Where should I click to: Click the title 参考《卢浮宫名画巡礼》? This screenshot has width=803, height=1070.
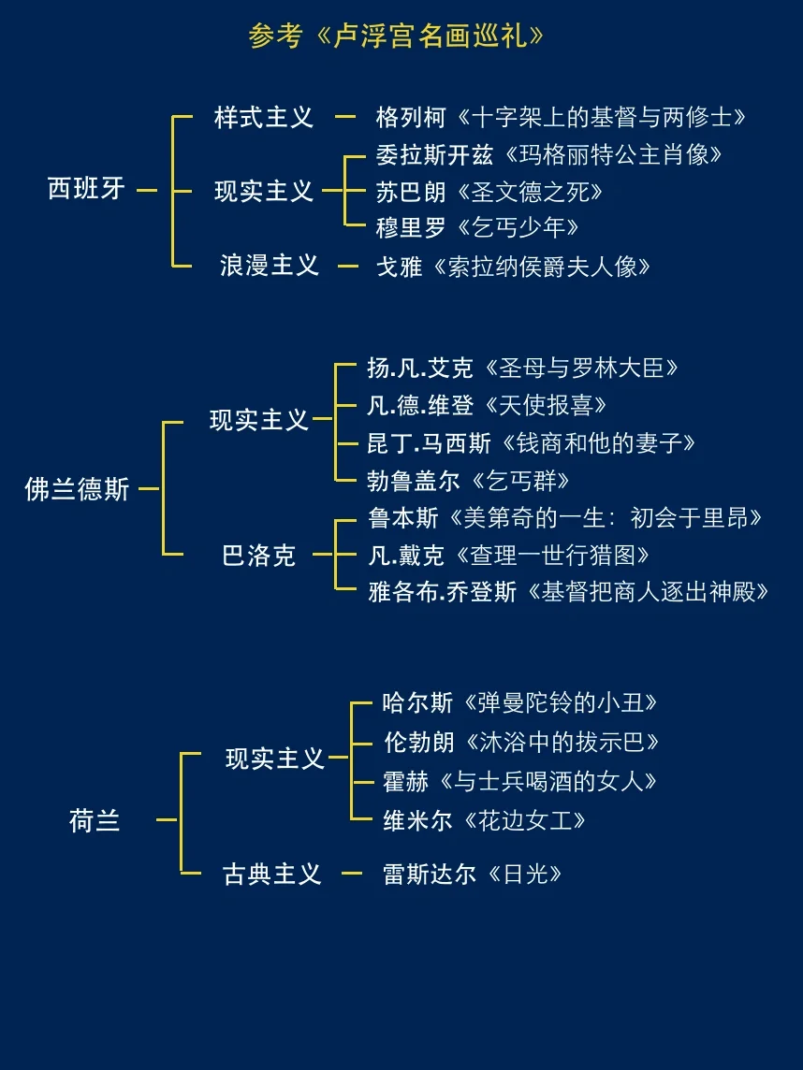pyautogui.click(x=396, y=36)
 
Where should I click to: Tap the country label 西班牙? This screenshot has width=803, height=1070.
pyautogui.click(x=86, y=190)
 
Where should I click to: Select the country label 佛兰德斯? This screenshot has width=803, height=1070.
pyautogui.click(x=78, y=489)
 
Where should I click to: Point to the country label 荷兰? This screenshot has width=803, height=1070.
pyautogui.click(x=95, y=821)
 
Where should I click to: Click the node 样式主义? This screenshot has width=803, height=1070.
pyautogui.click(x=264, y=118)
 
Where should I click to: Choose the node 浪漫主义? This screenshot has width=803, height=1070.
pyautogui.click(x=270, y=266)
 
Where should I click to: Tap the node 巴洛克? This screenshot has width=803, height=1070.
pyautogui.click(x=258, y=557)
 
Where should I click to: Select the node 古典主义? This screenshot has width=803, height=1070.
pyautogui.click(x=271, y=875)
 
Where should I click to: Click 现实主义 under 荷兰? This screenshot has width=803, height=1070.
pyautogui.click(x=275, y=759)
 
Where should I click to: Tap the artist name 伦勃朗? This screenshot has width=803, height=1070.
pyautogui.click(x=419, y=743)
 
